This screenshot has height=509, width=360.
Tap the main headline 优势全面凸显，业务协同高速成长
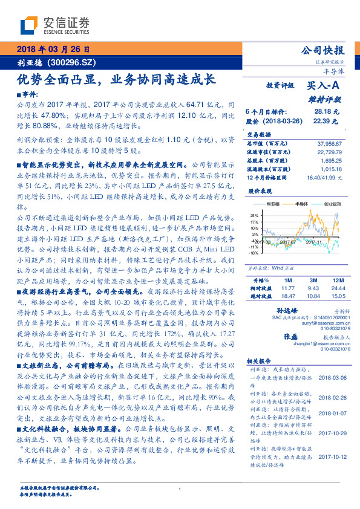click(x=115, y=79)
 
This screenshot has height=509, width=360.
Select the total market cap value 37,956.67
click(x=329, y=143)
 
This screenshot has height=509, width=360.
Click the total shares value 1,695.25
click(x=332, y=161)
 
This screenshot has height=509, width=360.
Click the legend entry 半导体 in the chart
click(x=301, y=204)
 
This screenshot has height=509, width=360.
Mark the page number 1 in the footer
click(x=180, y=490)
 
